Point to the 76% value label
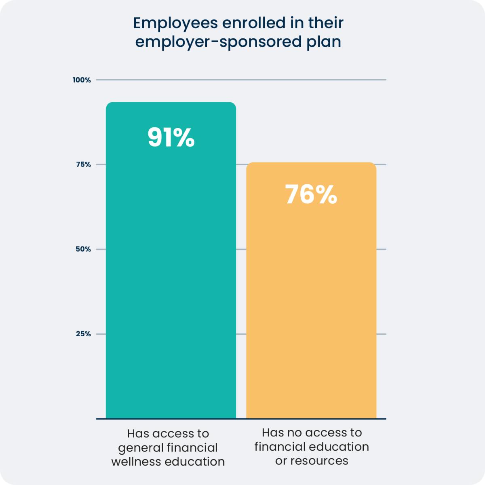tap(311, 194)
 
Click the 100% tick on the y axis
tap(82, 80)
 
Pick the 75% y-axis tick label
tap(83, 164)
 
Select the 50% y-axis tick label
tap(83, 249)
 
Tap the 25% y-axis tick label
tap(83, 334)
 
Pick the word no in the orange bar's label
tap(290, 433)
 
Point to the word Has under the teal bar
tap(137, 434)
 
